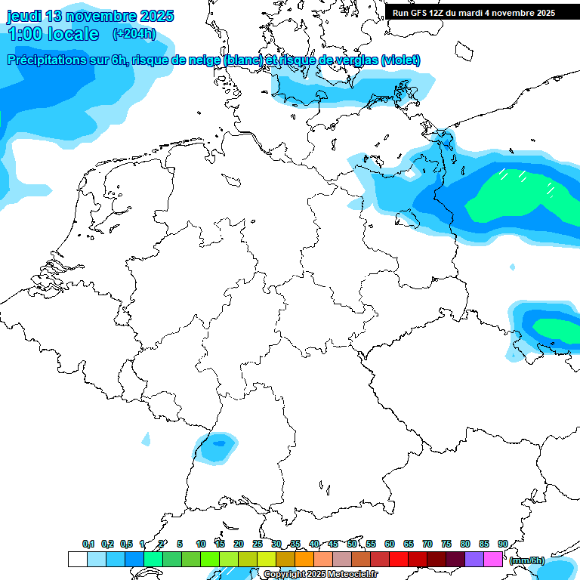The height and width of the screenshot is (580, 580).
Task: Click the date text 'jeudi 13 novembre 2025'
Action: (90, 16)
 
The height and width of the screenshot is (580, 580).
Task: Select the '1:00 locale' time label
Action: (53, 34)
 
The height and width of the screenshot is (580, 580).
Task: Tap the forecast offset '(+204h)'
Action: (134, 33)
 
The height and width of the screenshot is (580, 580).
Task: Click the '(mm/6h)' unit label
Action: (526, 560)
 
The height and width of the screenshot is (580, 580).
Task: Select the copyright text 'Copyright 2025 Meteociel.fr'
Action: (320, 575)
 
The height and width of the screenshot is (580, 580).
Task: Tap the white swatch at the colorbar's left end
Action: (77, 559)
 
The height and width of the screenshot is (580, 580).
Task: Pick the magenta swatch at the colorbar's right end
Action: (493, 559)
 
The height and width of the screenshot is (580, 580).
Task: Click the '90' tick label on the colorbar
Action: (502, 544)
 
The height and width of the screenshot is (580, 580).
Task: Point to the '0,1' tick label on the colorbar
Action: (88, 544)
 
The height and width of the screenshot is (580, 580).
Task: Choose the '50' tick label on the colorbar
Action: (352, 544)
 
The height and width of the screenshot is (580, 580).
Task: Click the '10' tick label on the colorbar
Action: (201, 544)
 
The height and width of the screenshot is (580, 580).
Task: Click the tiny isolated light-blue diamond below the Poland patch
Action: (513, 267)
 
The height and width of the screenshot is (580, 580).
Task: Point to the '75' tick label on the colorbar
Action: (446, 544)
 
